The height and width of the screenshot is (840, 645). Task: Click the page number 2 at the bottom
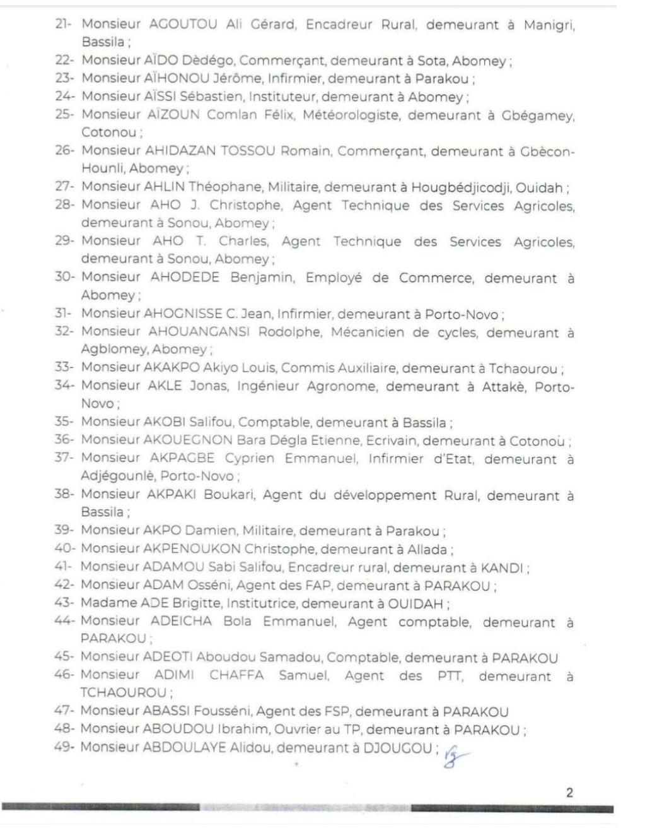click(x=569, y=793)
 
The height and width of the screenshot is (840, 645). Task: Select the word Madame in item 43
click(x=103, y=603)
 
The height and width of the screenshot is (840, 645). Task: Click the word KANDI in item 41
click(x=502, y=567)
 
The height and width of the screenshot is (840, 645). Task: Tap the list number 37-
click(x=65, y=458)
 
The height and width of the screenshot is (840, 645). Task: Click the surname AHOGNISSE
click(x=183, y=313)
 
